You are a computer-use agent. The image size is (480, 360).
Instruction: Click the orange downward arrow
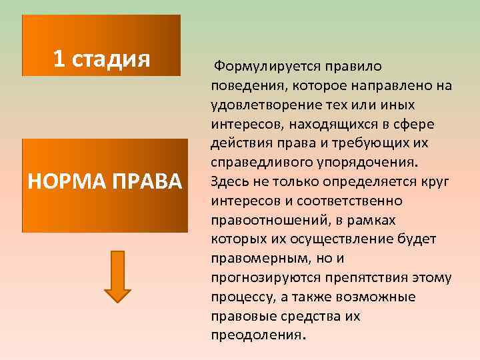(117, 274)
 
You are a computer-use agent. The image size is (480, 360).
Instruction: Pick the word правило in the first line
(351, 67)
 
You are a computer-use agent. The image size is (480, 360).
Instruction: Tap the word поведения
(243, 87)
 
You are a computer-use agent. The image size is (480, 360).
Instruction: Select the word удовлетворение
(259, 105)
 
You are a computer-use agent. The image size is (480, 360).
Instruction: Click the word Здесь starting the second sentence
(230, 182)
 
